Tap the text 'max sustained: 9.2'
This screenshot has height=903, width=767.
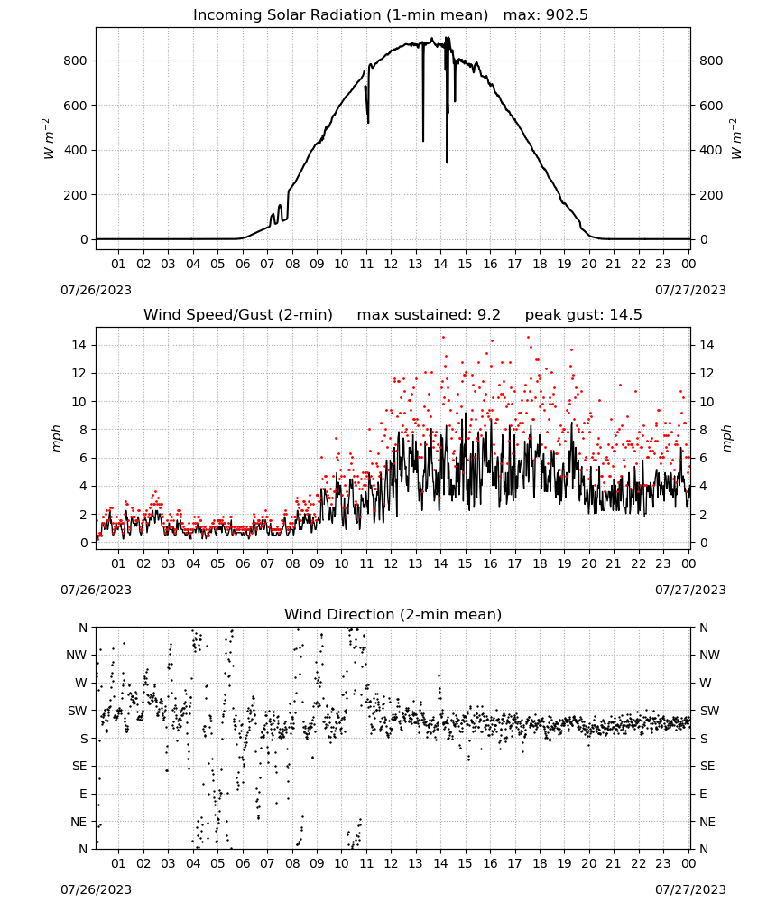pos(429,315)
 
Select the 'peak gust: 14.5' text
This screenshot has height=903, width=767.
pos(584,315)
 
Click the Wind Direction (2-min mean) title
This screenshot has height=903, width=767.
pos(393,614)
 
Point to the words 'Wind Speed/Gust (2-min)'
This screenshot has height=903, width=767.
pos(238,315)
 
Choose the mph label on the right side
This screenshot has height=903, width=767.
pos(726,438)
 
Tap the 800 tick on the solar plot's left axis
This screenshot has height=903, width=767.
pos(76,61)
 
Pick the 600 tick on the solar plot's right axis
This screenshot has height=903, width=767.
pos(711,106)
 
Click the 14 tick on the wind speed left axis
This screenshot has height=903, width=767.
pos(79,346)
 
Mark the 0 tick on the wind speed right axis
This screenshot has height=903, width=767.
pos(703,543)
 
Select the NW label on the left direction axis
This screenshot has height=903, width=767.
pos(77,656)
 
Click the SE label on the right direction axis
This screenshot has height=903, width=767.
pos(707,767)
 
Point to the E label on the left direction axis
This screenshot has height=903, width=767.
pos(83,794)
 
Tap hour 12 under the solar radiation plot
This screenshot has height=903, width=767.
pos(392,265)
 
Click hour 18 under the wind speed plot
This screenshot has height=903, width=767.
pos(540,563)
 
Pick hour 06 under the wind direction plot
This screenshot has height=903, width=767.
pos(243,864)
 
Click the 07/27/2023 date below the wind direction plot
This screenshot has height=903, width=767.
pos(690,889)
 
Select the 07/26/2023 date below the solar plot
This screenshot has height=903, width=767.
pos(96,290)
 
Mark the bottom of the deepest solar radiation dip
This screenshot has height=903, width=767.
pos(447,163)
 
